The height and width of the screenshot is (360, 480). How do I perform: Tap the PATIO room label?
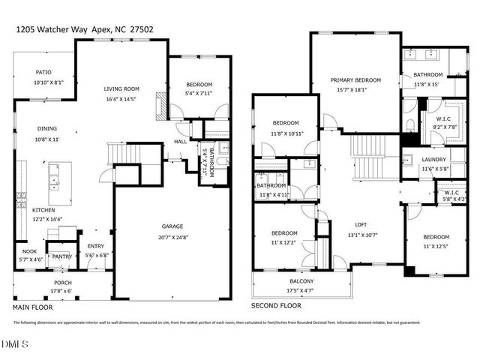click(x=43, y=73)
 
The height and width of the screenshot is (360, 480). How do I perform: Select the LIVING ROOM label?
click(x=121, y=89)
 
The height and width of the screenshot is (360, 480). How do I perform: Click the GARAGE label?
click(x=173, y=226)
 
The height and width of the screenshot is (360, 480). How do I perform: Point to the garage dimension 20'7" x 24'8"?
click(x=173, y=236)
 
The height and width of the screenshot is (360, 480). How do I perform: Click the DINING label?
click(x=47, y=128)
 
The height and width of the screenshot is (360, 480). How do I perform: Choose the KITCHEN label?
click(x=43, y=211)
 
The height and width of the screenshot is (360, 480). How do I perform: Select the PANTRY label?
click(x=61, y=256)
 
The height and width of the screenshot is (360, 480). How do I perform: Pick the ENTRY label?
click(x=96, y=246)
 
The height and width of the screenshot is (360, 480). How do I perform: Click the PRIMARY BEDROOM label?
click(x=357, y=79)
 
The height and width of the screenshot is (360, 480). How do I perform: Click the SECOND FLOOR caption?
click(x=277, y=306)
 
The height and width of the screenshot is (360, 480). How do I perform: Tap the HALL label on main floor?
click(x=181, y=142)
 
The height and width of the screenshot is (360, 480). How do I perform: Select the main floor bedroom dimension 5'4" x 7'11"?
click(x=199, y=94)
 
